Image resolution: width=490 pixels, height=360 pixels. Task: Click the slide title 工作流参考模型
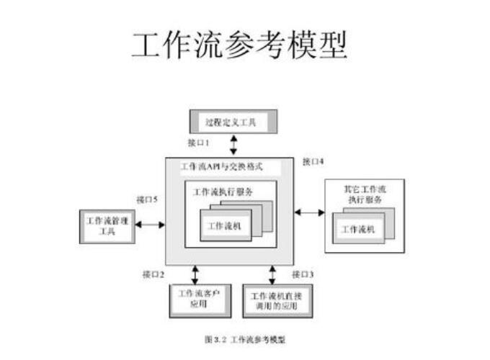click(x=239, y=45)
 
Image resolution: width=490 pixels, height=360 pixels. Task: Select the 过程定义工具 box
click(x=232, y=121)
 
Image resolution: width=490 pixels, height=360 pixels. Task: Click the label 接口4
click(x=313, y=162)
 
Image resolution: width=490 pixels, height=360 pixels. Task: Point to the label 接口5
click(x=148, y=198)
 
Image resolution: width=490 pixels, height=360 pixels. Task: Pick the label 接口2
click(x=153, y=274)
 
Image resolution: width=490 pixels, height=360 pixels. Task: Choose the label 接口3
click(x=303, y=274)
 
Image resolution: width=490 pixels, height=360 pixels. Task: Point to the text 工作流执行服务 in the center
click(x=223, y=192)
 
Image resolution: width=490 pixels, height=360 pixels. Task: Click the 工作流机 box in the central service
click(x=223, y=225)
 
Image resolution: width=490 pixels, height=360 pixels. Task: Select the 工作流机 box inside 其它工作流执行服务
click(x=358, y=229)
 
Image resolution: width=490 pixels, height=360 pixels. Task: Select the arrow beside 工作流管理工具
click(x=150, y=225)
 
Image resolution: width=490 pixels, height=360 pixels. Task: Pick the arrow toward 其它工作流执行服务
click(x=309, y=212)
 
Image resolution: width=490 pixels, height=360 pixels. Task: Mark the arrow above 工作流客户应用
click(x=194, y=274)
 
